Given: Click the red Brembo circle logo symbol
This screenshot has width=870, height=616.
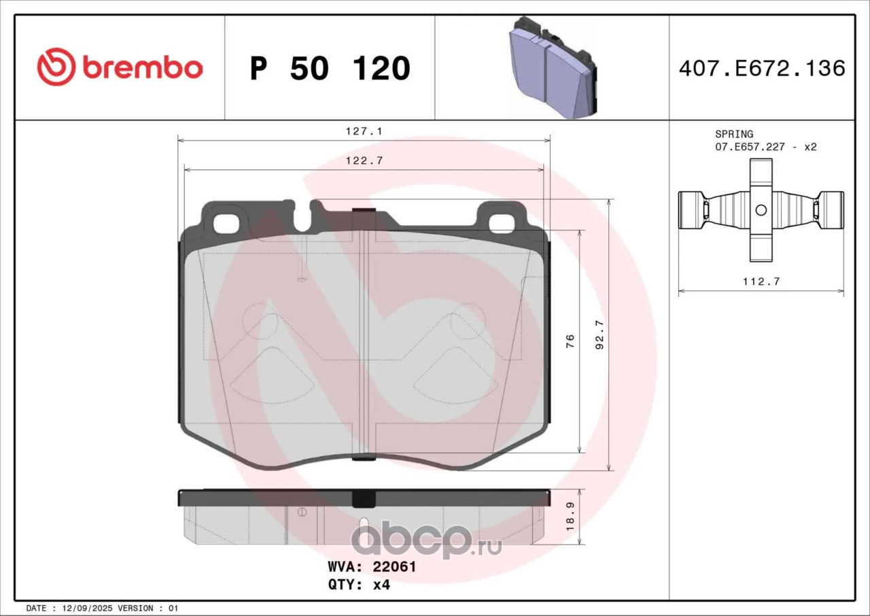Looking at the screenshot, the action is tap(56, 67).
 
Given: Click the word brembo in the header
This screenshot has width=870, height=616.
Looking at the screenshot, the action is tap(142, 67).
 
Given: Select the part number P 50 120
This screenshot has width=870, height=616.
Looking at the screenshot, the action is tap(330, 69).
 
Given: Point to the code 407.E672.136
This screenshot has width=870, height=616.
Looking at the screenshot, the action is tap(762, 69).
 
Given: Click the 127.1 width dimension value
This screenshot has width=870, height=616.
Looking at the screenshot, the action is tap(364, 131).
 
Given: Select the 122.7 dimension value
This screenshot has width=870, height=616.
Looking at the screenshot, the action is tap(364, 160).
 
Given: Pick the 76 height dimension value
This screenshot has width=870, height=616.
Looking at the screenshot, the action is tap(570, 341).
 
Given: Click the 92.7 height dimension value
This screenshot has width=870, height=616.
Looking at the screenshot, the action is tap(599, 335).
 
